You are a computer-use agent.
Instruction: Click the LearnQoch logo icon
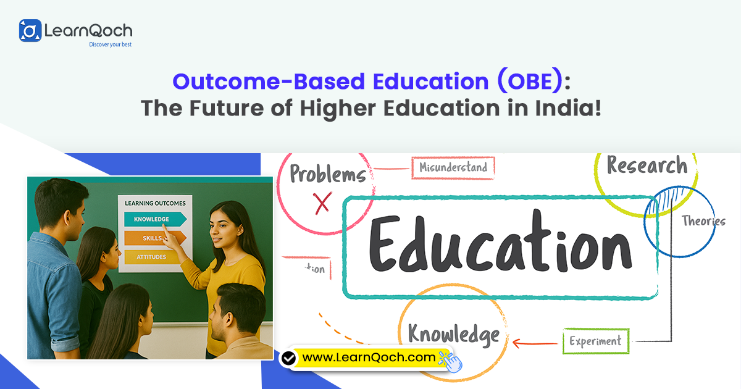tap(30, 30)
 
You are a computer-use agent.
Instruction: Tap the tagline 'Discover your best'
tap(111, 44)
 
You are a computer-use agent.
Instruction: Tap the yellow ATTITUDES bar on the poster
tap(151, 257)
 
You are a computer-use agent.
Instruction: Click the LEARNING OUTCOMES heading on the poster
tap(155, 203)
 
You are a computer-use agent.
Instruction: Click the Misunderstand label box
tap(453, 167)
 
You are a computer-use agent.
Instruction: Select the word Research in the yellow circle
tap(647, 165)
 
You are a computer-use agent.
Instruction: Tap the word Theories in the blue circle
tap(703, 221)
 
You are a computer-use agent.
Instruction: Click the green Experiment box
tap(595, 341)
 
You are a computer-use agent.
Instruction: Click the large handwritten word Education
tap(500, 247)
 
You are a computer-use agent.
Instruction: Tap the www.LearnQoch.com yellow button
tap(369, 357)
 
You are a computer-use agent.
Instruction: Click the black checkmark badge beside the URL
tap(288, 358)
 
